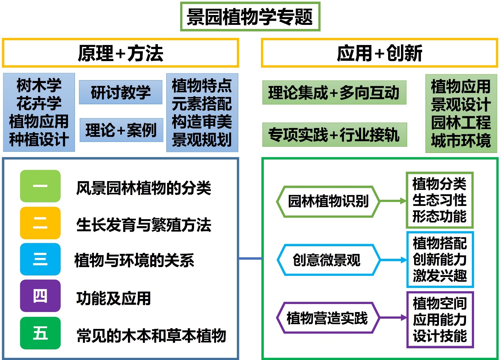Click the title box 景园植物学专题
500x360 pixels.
[x=250, y=17]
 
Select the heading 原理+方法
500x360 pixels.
[x=120, y=53]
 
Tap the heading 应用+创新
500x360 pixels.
[x=379, y=53]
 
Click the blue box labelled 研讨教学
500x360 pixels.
[x=121, y=92]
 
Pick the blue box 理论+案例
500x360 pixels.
[x=121, y=130]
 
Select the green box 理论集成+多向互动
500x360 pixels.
[x=334, y=93]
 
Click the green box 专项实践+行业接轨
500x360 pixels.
[x=334, y=135]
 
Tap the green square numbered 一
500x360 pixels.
[x=40, y=186]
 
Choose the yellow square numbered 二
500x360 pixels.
[x=40, y=223]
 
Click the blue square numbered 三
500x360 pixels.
[x=40, y=259]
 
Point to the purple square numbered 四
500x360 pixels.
[x=40, y=296]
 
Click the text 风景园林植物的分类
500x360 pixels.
[x=143, y=188]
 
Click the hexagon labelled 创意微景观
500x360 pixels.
[x=328, y=260]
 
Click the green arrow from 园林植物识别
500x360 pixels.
[x=393, y=201]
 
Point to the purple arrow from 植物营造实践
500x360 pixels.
[x=393, y=318]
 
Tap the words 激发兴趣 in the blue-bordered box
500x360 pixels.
[x=440, y=275]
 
